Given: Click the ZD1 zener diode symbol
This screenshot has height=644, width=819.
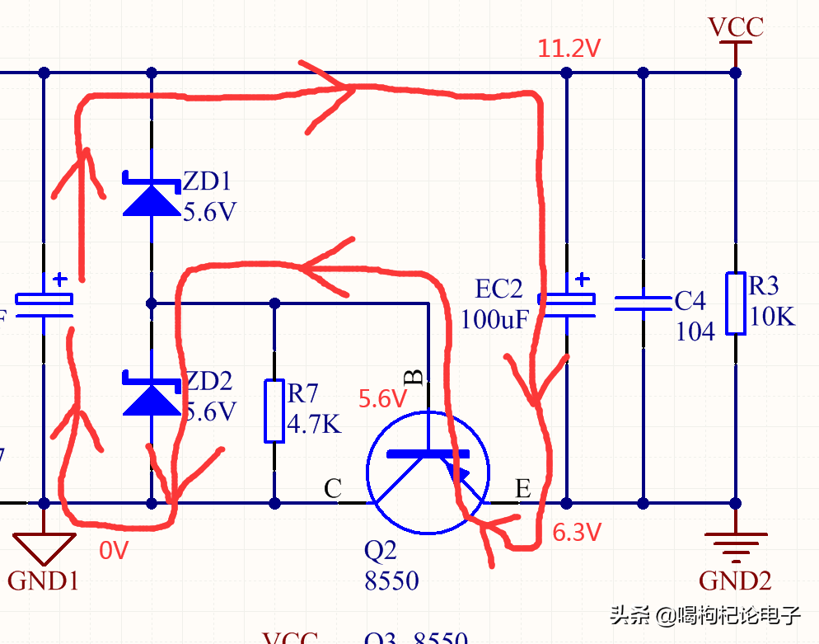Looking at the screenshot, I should pos(152,195).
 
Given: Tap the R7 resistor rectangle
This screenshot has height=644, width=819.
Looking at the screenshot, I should pos(274,411).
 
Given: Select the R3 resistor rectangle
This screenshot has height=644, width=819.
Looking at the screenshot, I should pos(736,303).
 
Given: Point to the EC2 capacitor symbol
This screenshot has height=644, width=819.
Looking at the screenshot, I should pos(566,303).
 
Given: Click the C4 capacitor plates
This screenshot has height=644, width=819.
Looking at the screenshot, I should pos(643,303).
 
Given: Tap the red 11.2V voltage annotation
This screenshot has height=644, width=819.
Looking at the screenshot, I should pos(569,49).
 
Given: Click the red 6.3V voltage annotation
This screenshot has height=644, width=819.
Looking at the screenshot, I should pos(577,533).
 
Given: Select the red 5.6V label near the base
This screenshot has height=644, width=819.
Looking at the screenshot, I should pos(382,400).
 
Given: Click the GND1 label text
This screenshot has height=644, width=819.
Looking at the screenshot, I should pos(44,581).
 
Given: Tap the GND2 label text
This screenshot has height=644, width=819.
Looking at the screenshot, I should pos(735,581).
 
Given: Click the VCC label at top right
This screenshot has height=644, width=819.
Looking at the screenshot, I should pos(736,27).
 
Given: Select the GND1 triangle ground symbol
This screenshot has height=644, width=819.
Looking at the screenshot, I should pos(44,544).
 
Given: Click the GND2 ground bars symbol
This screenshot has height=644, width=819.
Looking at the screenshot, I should pos(735,544).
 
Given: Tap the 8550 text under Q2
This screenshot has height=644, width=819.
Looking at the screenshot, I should pos(391,581).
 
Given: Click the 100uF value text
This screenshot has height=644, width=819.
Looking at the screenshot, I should pos(492,319).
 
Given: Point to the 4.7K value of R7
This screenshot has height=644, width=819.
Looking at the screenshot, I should pos(314,425).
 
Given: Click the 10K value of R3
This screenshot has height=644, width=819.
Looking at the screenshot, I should pos(773,316).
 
